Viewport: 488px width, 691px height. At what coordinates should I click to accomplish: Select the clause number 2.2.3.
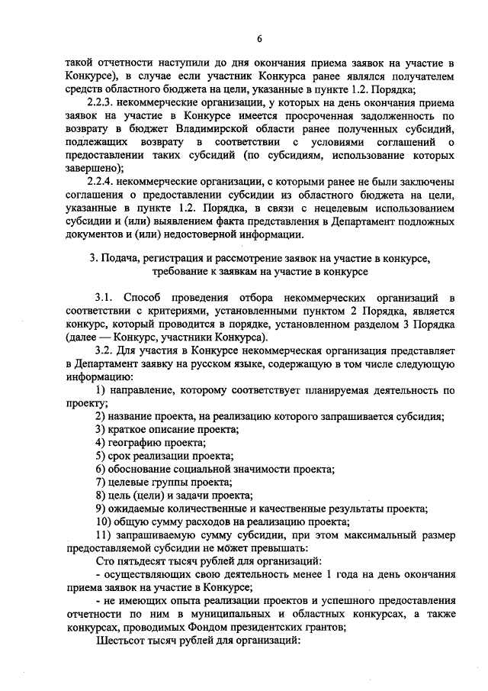point(104,103)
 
